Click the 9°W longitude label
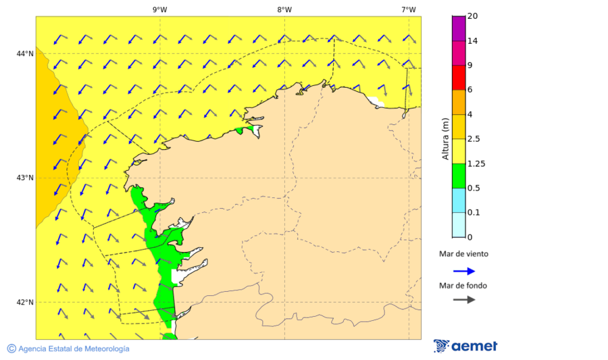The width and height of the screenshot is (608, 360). (159, 9)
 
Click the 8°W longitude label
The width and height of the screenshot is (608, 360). (284, 9)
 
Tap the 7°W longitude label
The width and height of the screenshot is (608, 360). (408, 9)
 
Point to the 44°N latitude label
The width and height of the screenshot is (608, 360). (25, 53)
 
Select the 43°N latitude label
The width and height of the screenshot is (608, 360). (25, 178)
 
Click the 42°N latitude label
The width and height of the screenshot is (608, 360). (25, 302)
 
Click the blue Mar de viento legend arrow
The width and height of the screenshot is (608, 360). (464, 271)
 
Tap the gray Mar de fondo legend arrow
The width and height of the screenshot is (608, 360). (464, 299)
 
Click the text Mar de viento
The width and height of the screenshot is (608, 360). (463, 255)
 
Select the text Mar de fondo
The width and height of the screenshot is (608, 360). (463, 286)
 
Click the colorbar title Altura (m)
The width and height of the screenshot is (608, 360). (445, 139)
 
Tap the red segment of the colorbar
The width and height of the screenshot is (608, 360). (459, 77)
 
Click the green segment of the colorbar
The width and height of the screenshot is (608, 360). (459, 176)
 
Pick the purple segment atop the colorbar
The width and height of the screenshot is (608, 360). (459, 28)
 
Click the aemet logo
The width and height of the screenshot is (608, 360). (465, 346)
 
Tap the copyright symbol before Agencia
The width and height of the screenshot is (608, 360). (11, 349)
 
